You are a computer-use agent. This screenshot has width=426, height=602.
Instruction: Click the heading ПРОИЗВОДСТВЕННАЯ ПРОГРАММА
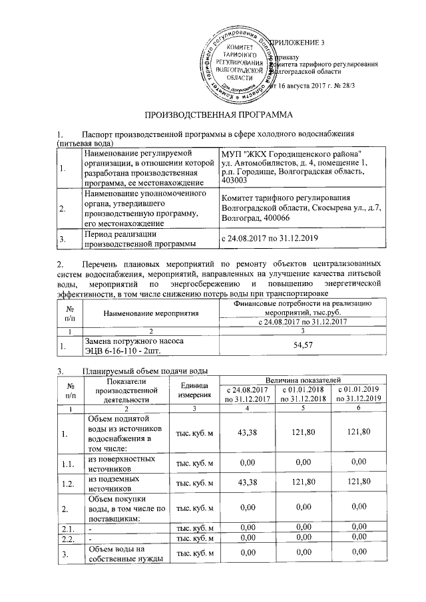tap(212, 115)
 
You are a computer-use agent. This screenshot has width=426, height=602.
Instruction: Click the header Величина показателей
tap(303, 378)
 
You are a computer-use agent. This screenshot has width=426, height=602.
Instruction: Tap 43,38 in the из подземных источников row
tap(248, 482)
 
